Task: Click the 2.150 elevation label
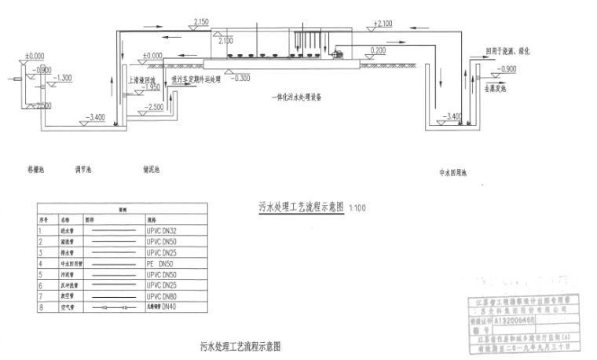click(x=200, y=23)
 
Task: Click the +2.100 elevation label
click(x=384, y=24)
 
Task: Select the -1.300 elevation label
click(x=63, y=78)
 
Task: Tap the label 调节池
click(x=83, y=169)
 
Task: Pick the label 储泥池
click(x=152, y=169)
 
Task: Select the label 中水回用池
click(x=453, y=171)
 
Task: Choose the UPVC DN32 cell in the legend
click(x=160, y=230)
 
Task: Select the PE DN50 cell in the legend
click(x=159, y=264)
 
